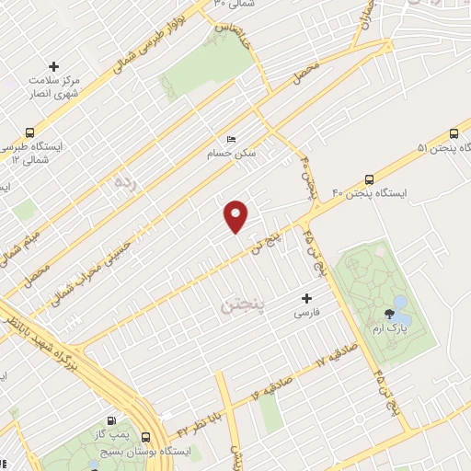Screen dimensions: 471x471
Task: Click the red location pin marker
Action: pyautogui.click(x=237, y=215)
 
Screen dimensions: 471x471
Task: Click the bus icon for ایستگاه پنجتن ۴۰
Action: pyautogui.click(x=369, y=179)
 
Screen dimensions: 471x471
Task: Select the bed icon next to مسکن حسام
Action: pyautogui.click(x=230, y=138)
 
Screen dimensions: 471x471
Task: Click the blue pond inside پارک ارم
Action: pyautogui.click(x=401, y=302)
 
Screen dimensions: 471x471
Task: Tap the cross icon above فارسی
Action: pyautogui.click(x=307, y=298)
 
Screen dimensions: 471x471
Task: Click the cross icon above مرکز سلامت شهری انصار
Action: pyautogui.click(x=53, y=67)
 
